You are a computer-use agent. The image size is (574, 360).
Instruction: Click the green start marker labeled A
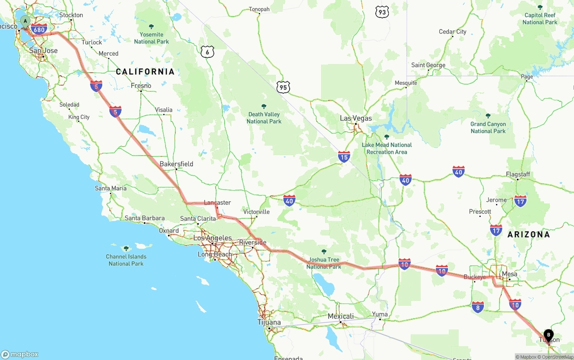tap(25, 21)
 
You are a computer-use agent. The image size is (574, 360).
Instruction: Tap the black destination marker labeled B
tap(548, 335)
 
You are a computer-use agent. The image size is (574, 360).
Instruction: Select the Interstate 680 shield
tap(39, 30)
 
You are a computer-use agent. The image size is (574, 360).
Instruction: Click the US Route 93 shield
tap(382, 12)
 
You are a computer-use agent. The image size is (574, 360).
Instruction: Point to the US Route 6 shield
tap(207, 52)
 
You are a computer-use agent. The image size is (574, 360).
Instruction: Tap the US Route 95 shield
tap(283, 87)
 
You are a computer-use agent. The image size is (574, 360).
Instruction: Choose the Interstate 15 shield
tap(344, 156)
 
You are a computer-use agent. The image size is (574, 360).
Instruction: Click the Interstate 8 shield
tap(478, 307)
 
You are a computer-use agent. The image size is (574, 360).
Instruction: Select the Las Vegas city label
tap(356, 118)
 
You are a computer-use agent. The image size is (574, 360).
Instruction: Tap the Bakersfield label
tap(176, 164)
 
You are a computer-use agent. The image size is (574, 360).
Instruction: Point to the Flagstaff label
tap(517, 174)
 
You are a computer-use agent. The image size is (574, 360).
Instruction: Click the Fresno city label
tap(141, 86)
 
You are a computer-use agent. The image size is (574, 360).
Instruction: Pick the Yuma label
tap(380, 314)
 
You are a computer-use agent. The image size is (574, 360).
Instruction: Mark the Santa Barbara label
tap(144, 218)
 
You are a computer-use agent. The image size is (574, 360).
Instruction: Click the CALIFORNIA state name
tap(145, 72)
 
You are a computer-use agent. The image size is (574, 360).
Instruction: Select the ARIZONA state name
tap(528, 234)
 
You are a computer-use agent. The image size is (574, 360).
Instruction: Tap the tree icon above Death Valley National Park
tap(264, 106)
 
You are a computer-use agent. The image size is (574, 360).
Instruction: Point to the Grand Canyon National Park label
tap(488, 127)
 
